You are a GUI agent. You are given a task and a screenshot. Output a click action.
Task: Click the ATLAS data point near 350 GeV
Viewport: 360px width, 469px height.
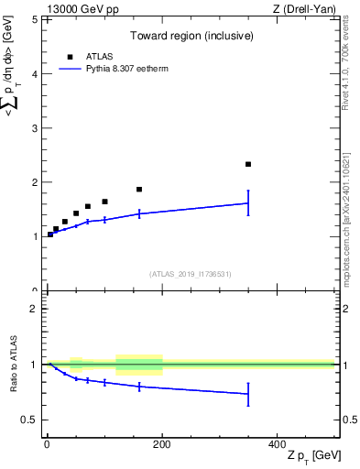click(x=248, y=164)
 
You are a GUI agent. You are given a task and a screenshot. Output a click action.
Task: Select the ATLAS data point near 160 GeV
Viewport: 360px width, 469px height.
click(x=139, y=190)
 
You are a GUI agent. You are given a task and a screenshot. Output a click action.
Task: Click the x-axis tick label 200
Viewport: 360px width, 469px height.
click(x=162, y=443)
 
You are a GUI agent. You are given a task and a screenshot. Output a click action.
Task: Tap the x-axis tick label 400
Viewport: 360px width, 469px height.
click(x=277, y=443)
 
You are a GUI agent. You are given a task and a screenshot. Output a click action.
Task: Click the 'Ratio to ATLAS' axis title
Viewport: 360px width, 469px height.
click(x=12, y=365)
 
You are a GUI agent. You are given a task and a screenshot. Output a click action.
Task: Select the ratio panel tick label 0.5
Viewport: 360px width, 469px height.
click(x=30, y=420)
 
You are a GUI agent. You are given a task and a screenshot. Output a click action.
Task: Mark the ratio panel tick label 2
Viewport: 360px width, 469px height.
click(x=35, y=310)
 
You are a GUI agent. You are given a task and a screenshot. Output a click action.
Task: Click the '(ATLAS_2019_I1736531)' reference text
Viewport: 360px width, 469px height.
click(x=190, y=274)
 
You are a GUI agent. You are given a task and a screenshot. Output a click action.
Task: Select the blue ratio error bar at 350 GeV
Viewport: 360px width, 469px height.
click(x=248, y=394)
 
